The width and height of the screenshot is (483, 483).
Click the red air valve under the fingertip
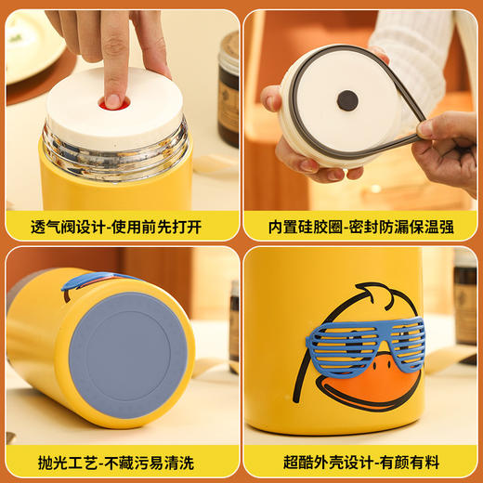click(113, 102)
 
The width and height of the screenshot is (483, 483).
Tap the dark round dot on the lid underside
click(347, 100)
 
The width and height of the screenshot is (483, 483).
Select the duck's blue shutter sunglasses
click(365, 346)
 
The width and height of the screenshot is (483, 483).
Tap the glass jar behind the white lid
click(228, 88)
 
